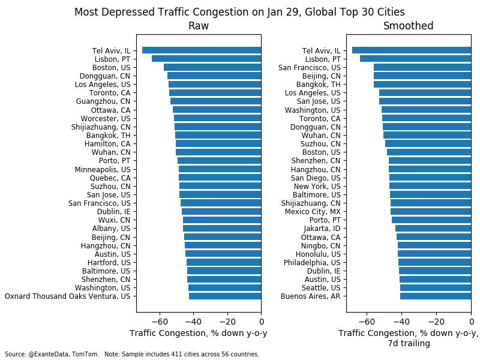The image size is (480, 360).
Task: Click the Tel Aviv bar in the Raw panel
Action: pos(202,50)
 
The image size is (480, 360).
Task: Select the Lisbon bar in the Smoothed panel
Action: pos(415,59)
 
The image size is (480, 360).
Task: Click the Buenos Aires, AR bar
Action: pos(435,296)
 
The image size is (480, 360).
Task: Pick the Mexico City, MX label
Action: pos(312,212)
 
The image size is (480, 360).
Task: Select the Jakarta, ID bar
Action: pos(433,229)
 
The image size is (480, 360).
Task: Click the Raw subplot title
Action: pos(199,26)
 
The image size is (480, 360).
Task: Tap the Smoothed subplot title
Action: pos(409,26)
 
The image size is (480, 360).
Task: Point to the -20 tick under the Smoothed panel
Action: pos(436,322)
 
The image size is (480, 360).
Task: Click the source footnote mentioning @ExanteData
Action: pos(132,355)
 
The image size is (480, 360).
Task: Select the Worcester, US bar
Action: pos(217,118)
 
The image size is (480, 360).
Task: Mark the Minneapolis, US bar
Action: pos(220,169)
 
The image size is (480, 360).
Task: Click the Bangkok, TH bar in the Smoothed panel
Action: pos(422,85)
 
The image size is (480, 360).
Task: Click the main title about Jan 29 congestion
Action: pos(239,12)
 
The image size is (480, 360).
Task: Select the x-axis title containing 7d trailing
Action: pos(408,338)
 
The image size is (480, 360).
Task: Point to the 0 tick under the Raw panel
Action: pos(261,322)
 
